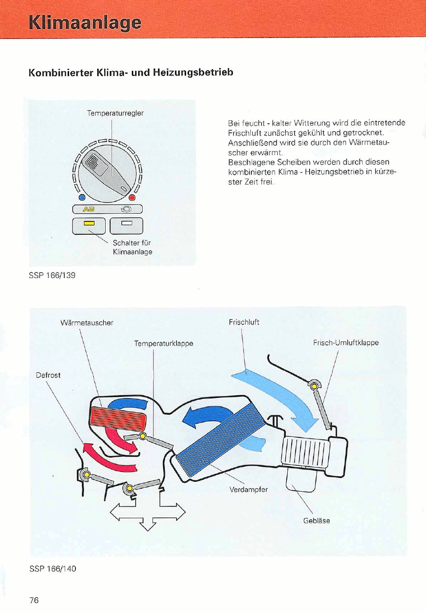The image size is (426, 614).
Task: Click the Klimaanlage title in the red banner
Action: tap(84, 23)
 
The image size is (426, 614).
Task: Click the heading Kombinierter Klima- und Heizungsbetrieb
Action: tap(130, 72)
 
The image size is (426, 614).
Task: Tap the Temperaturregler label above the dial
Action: tap(115, 113)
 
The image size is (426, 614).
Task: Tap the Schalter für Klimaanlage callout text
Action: tap(132, 247)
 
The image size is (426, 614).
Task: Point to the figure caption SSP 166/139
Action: tap(52, 275)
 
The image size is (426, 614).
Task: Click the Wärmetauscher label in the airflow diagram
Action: tap(87, 323)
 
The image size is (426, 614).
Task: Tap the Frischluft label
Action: tap(244, 323)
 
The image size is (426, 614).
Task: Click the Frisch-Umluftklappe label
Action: tap(346, 342)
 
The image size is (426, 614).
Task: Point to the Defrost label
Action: tap(48, 375)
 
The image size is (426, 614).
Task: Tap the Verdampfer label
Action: tap(249, 489)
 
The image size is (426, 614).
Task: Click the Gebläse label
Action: tap(316, 520)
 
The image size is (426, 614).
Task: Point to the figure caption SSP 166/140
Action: tap(52, 568)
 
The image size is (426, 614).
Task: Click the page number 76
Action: tap(34, 600)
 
